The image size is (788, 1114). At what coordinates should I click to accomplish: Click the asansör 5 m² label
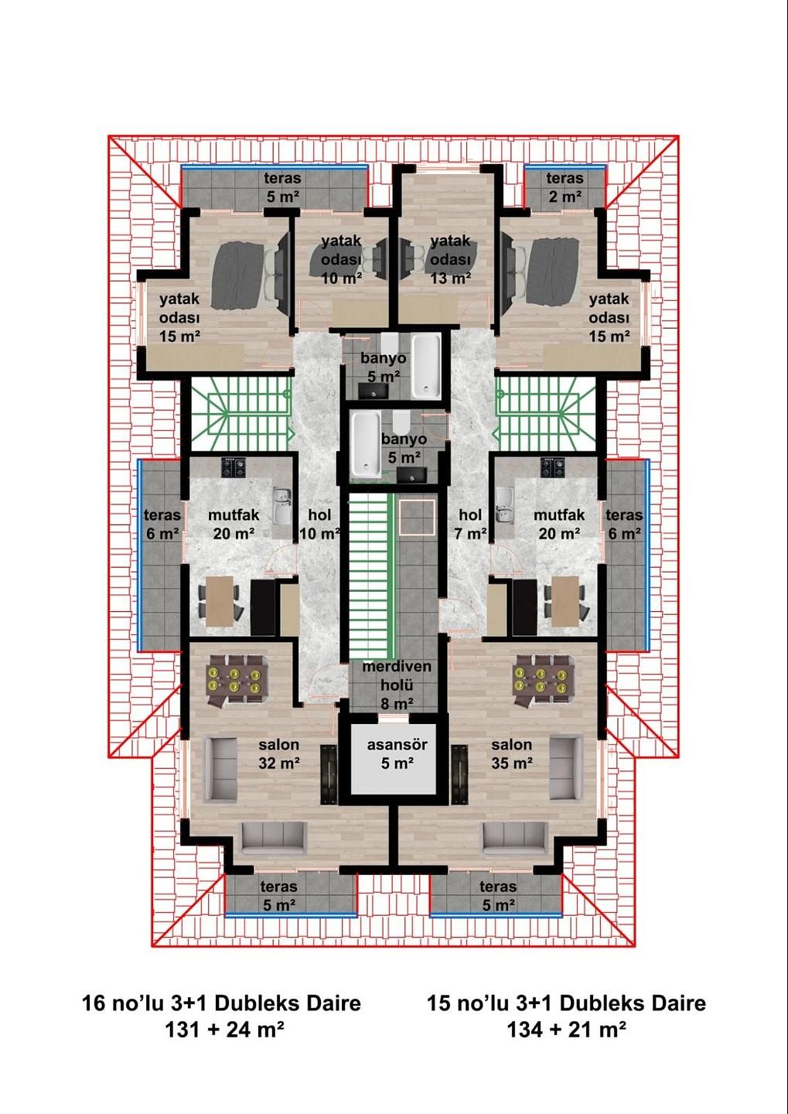coord(397,754)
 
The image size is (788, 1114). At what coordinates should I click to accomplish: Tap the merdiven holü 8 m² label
coord(396,685)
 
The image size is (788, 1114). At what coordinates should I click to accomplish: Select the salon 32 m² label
coord(278,754)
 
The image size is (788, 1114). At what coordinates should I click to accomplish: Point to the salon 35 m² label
coord(511,754)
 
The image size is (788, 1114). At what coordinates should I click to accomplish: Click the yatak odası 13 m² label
coord(450,260)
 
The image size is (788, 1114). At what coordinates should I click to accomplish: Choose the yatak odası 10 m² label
coord(341,260)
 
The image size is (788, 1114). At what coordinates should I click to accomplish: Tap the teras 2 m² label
coord(565,187)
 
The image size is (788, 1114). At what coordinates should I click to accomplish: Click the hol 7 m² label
coord(470,524)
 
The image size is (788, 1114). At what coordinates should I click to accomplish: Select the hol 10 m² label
coord(319,524)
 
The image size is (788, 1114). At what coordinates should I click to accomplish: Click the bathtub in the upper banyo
coord(425,365)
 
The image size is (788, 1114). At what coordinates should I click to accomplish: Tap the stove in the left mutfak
coord(234,467)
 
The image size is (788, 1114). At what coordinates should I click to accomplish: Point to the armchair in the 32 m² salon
coord(220,769)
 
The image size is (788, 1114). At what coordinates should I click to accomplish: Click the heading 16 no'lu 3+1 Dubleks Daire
coord(221,1003)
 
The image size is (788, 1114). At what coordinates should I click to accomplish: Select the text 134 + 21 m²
coord(566,1030)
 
